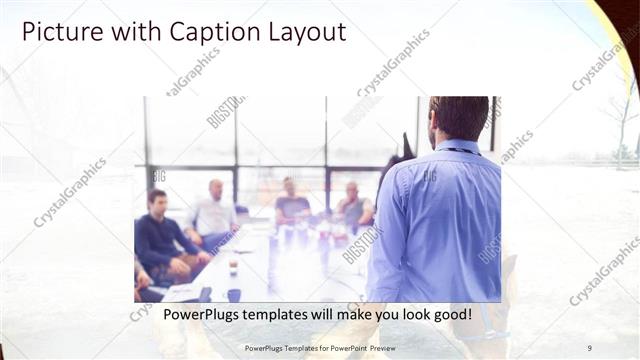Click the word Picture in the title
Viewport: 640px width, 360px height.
point(57,32)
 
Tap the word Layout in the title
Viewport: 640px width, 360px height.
point(298,32)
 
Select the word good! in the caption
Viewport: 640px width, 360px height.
point(449,314)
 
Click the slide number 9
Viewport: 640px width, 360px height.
point(589,348)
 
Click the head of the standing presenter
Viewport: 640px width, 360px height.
point(459,118)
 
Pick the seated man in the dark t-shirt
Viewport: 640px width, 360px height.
point(291,205)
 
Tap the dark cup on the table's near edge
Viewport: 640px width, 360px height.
point(233,294)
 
